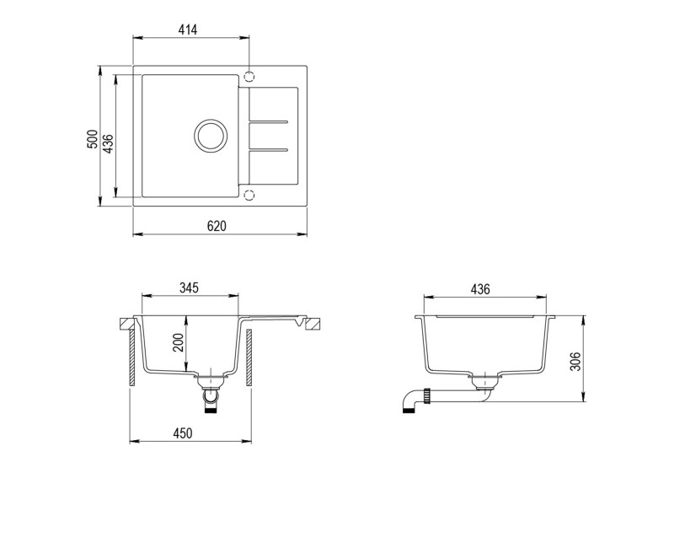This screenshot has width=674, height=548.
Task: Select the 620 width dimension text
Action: click(217, 225)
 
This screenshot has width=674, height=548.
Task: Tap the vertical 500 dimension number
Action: click(91, 139)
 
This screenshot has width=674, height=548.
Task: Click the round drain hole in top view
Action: click(210, 136)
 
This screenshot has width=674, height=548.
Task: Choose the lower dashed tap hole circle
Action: click(249, 196)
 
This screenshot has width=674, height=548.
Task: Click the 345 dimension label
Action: click(188, 288)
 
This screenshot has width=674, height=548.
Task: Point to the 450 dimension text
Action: click(183, 433)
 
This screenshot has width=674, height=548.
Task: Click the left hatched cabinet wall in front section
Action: click(132, 358)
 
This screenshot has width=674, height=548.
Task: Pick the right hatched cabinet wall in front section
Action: click(250, 358)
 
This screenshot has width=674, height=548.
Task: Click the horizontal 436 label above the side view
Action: click(479, 289)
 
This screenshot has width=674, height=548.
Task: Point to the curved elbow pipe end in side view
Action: click(409, 407)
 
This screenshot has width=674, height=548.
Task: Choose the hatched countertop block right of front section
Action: click(313, 323)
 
